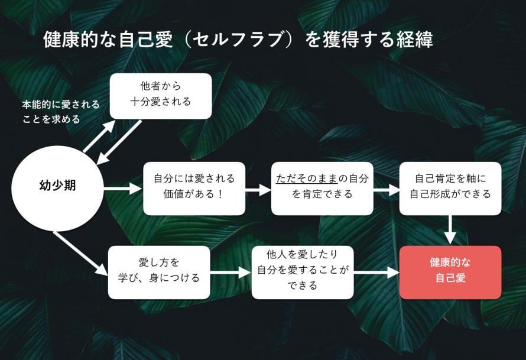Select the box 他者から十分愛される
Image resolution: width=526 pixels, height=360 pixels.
tap(161, 96)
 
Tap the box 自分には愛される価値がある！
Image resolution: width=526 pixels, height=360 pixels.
tap(194, 188)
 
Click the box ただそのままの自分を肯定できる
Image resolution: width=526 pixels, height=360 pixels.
tap(322, 188)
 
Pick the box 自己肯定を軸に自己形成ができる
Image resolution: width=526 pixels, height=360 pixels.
tap(450, 188)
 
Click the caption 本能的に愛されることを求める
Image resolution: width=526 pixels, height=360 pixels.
tap(60, 112)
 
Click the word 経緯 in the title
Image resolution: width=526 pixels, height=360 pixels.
tap(416, 40)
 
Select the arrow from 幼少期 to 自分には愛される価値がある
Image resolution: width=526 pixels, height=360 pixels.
tap(122, 189)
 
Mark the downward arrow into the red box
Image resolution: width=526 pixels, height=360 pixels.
tap(450, 230)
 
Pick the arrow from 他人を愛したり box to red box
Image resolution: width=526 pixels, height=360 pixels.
tap(376, 273)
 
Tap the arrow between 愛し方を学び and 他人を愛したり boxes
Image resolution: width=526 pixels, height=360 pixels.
tap(230, 273)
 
